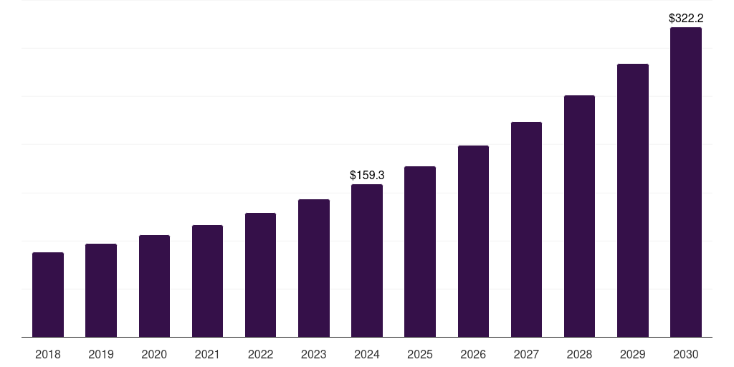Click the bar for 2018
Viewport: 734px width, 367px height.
click(x=48, y=295)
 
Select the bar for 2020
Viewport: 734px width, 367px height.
click(x=154, y=286)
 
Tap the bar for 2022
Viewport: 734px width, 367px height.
click(x=260, y=275)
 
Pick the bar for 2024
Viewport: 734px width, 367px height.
click(x=367, y=261)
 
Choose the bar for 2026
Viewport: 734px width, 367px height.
click(x=473, y=242)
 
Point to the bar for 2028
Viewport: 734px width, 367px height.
click(x=579, y=216)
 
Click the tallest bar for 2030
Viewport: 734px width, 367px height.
click(x=685, y=182)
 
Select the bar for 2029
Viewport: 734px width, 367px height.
click(x=632, y=201)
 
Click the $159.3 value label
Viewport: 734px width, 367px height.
click(x=367, y=175)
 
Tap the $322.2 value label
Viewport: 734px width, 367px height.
click(x=685, y=19)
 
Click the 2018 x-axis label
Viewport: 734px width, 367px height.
click(x=48, y=354)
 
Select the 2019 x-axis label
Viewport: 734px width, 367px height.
click(x=101, y=354)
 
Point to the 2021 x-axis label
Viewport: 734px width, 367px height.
click(x=207, y=354)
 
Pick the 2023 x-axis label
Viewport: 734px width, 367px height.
click(x=314, y=354)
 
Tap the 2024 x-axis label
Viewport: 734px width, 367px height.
click(x=367, y=354)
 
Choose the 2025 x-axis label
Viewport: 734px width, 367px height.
click(x=420, y=354)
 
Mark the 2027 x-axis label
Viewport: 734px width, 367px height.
click(x=526, y=354)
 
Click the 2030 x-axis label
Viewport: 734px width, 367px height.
click(x=685, y=354)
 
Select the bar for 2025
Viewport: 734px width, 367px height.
click(x=420, y=252)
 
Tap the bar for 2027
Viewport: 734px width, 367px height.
click(x=526, y=229)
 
